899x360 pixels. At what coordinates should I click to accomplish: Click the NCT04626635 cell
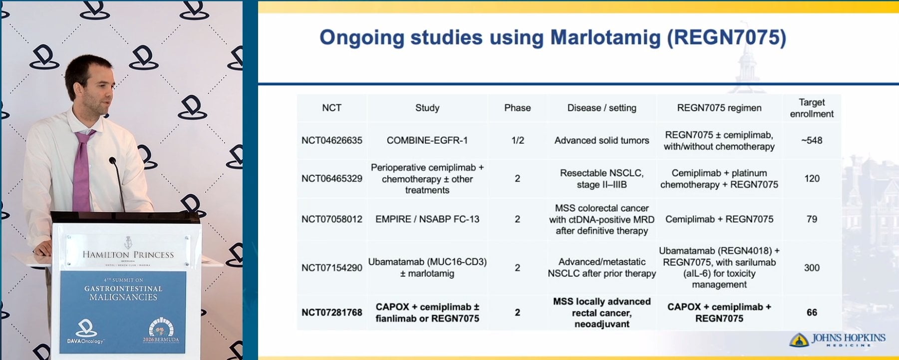(332, 140)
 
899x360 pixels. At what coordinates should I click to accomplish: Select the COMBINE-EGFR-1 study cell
(427, 140)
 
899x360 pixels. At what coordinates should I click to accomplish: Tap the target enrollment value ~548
(812, 140)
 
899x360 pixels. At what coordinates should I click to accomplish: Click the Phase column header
(518, 108)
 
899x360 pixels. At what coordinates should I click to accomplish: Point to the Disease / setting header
(602, 108)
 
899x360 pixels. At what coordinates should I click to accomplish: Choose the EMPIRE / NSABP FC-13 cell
(427, 219)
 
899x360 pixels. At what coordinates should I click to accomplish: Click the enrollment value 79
(812, 219)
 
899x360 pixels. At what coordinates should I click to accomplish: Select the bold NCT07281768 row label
(332, 313)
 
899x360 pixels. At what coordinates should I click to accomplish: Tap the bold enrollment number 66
(812, 313)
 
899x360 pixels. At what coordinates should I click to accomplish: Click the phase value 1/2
(518, 140)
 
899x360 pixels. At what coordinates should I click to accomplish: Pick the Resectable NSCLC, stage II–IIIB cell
(602, 179)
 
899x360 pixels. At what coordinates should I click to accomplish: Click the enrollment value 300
(812, 268)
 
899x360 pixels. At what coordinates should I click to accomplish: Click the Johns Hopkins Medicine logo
(837, 340)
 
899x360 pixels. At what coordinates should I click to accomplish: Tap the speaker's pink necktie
(82, 170)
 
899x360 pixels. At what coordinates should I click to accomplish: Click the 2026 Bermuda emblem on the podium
(161, 330)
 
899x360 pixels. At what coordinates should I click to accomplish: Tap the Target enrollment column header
(812, 108)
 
